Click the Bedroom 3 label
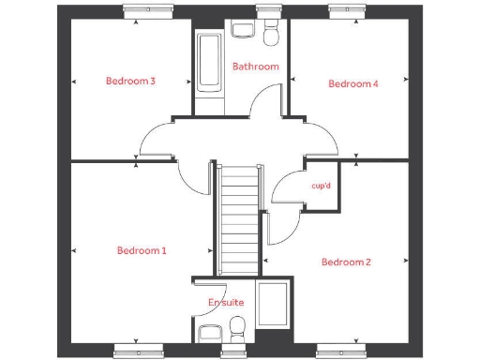click(x=130, y=82)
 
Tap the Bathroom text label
click(x=256, y=67)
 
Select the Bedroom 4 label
click(x=352, y=83)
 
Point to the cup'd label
click(x=321, y=186)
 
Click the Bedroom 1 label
click(x=142, y=250)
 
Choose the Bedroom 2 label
click(x=346, y=262)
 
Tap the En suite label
click(x=225, y=303)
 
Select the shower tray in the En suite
click(x=274, y=304)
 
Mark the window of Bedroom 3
click(x=150, y=13)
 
